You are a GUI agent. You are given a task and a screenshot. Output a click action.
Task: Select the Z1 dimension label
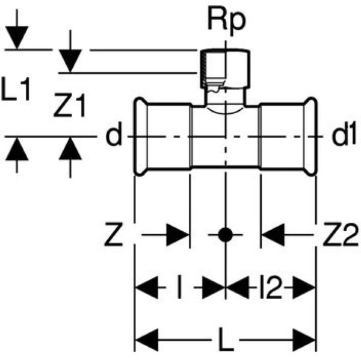click(x=69, y=108)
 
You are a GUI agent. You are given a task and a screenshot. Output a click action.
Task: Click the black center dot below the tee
click(x=225, y=235)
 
